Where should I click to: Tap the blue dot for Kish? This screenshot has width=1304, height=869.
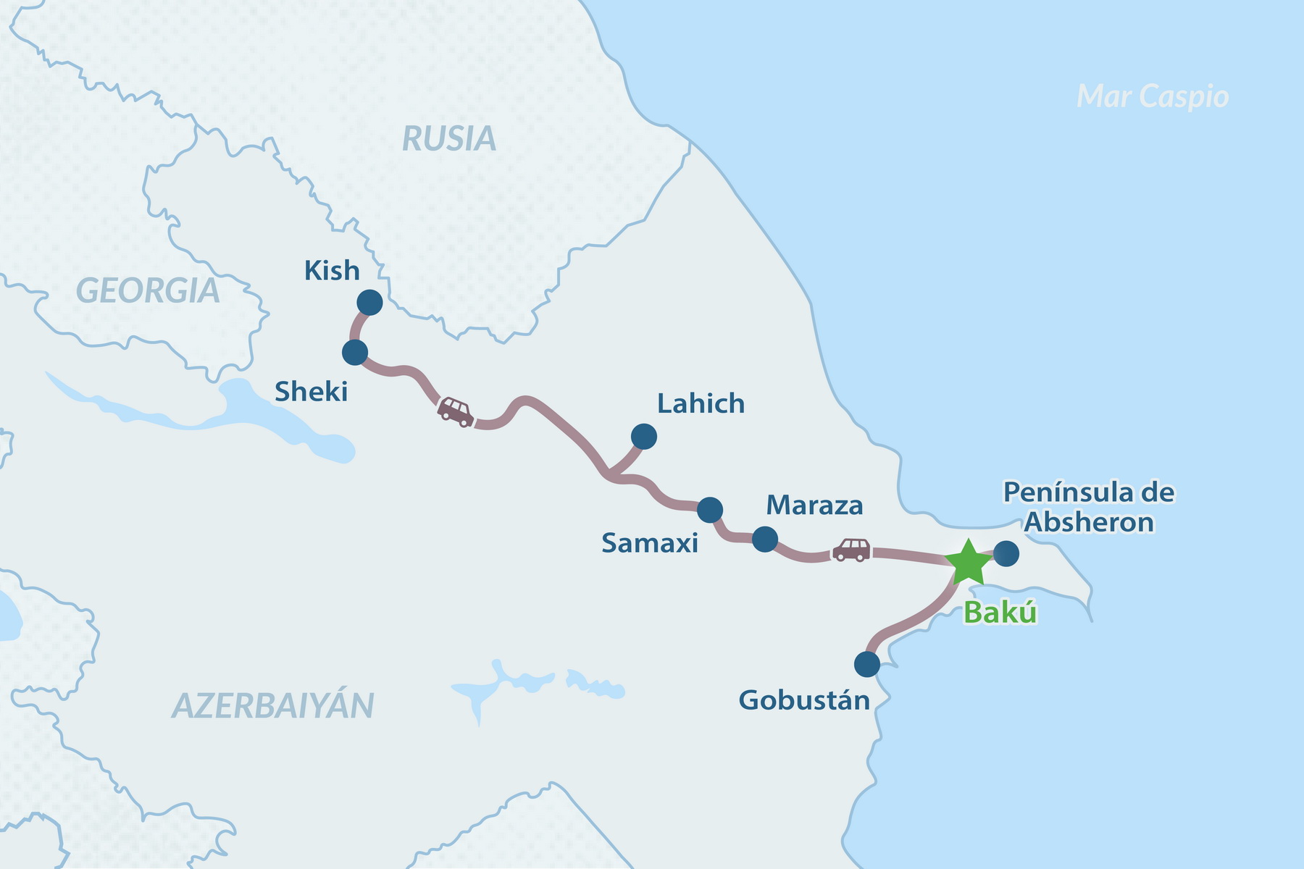(x=369, y=303)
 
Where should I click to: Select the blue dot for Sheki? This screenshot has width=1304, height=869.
(x=355, y=353)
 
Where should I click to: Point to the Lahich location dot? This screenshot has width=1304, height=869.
(x=644, y=437)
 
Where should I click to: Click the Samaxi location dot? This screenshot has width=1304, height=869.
(x=710, y=511)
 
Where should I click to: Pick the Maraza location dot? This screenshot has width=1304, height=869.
(x=765, y=540)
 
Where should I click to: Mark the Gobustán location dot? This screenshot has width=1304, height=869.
(x=867, y=664)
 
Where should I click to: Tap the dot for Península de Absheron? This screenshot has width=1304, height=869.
(x=1006, y=554)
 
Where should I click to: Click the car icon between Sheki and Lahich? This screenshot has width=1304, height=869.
(x=456, y=411)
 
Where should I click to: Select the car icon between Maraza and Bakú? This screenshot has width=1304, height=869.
(x=851, y=550)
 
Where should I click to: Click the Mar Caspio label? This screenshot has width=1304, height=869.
(x=1153, y=96)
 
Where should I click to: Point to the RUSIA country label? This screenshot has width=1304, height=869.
(x=449, y=138)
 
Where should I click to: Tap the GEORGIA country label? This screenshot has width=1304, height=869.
(x=148, y=291)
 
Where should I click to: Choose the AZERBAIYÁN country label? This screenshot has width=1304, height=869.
(x=273, y=706)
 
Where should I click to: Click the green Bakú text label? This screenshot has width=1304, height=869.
(x=1000, y=613)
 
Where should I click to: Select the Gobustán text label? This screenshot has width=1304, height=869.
(x=804, y=700)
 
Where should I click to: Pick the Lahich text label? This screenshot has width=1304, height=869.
(x=701, y=403)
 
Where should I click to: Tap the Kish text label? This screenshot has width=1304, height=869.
(x=332, y=270)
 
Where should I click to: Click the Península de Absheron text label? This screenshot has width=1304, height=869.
(x=1089, y=507)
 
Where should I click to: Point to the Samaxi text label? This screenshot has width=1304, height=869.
(x=650, y=543)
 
